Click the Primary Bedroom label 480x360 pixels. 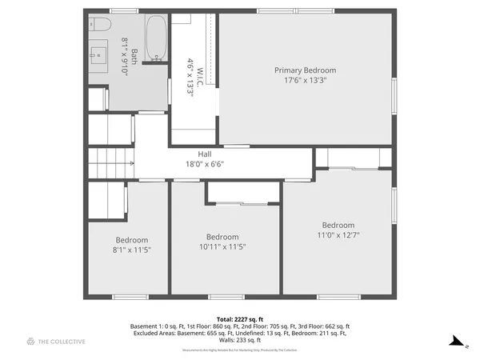(306, 70)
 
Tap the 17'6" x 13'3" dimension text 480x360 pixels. (306, 81)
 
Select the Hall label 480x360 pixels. (205, 154)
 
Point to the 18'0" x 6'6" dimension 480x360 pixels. (205, 165)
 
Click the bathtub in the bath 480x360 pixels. (156, 38)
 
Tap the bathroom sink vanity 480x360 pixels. (99, 54)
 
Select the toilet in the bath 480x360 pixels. (98, 24)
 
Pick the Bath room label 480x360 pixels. (134, 56)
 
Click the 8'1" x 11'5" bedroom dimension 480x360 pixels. (132, 250)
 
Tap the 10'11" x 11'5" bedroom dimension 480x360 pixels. (222, 247)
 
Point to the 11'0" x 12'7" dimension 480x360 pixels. (338, 235)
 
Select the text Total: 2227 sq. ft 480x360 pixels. (240, 319)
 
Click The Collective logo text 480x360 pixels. (62, 342)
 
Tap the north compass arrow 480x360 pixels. (457, 342)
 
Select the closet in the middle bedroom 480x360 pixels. (242, 192)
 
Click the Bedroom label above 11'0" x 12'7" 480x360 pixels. (338, 225)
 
